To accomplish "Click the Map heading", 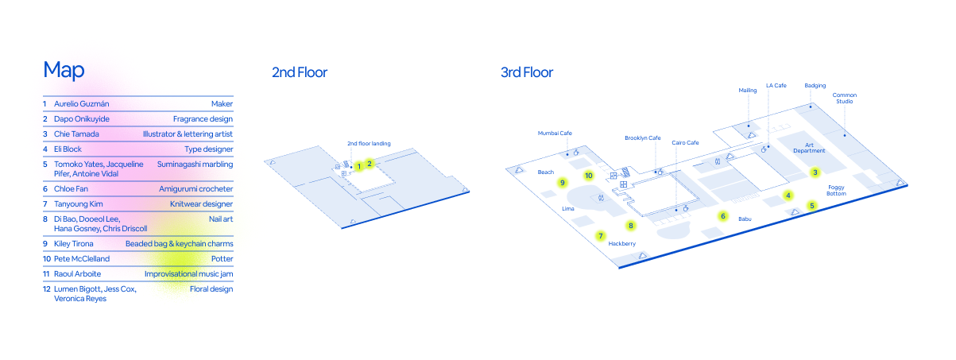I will [64, 70].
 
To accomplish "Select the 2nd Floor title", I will [300, 73].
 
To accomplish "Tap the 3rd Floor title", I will [527, 73].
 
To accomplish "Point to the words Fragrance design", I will [203, 118].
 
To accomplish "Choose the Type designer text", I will [210, 149].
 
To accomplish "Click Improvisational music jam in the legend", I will [188, 274].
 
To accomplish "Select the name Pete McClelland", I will [82, 259].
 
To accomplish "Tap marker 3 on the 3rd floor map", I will [815, 172].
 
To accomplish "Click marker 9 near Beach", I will [563, 183].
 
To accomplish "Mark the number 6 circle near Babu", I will [723, 215].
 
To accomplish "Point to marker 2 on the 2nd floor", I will [370, 164].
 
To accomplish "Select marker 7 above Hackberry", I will [601, 236].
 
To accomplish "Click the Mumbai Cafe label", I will [555, 134].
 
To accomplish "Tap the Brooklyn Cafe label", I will [642, 137].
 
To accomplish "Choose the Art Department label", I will [809, 147].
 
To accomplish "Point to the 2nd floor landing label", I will [369, 144].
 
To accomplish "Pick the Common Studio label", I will [844, 99].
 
